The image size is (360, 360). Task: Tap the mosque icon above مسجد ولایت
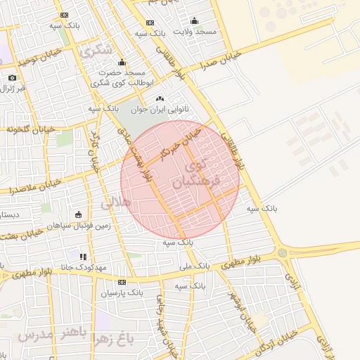(195, 20)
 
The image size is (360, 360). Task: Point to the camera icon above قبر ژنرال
(12, 77)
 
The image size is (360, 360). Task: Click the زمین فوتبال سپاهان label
(77, 226)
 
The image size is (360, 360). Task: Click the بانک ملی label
(195, 266)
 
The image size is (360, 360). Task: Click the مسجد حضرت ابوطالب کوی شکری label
(122, 77)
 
